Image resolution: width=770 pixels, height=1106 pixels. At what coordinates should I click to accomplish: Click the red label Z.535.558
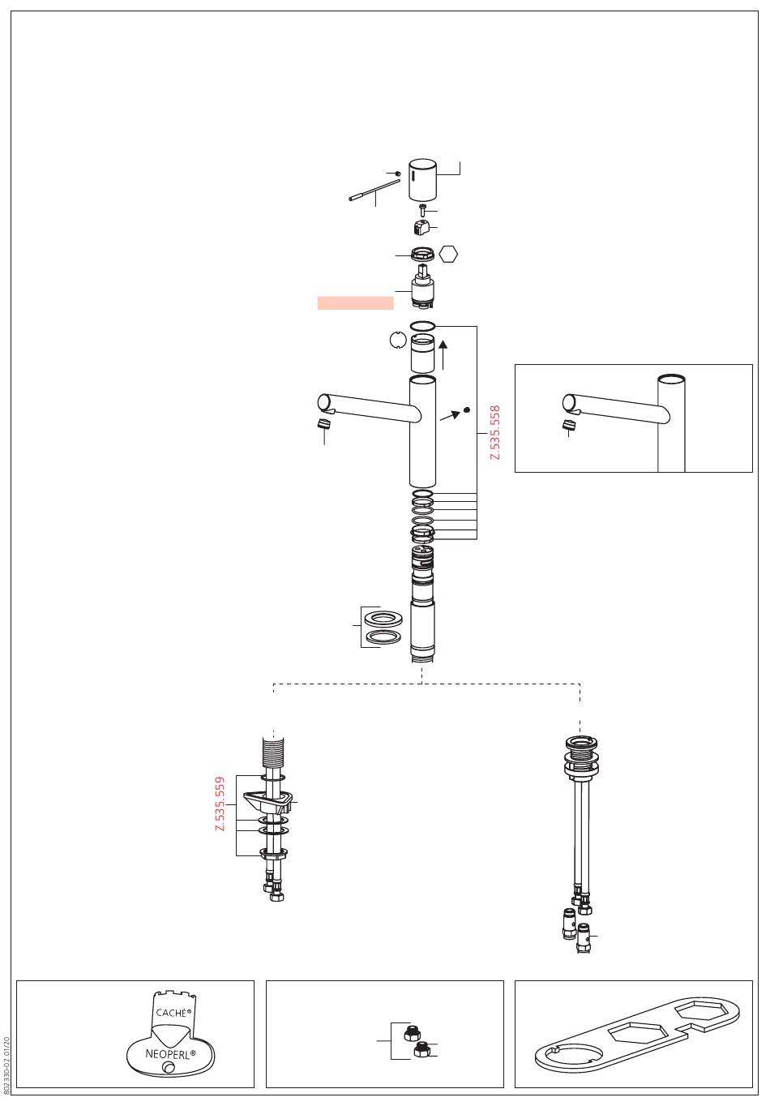[495, 433]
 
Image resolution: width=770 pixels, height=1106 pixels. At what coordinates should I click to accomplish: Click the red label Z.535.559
[220, 804]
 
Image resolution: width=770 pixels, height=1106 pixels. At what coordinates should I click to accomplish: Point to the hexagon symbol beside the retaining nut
[448, 254]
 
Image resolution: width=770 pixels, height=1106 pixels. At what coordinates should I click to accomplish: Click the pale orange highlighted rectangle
[355, 302]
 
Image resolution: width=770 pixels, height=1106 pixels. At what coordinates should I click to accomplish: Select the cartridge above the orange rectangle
[422, 289]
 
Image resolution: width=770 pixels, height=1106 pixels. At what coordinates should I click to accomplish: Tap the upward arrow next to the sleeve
[443, 355]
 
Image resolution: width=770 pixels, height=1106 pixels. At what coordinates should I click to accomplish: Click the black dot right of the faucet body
[466, 409]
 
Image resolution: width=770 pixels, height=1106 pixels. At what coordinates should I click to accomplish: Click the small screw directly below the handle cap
[422, 210]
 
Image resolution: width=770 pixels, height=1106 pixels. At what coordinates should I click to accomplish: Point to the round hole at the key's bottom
[168, 1070]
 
